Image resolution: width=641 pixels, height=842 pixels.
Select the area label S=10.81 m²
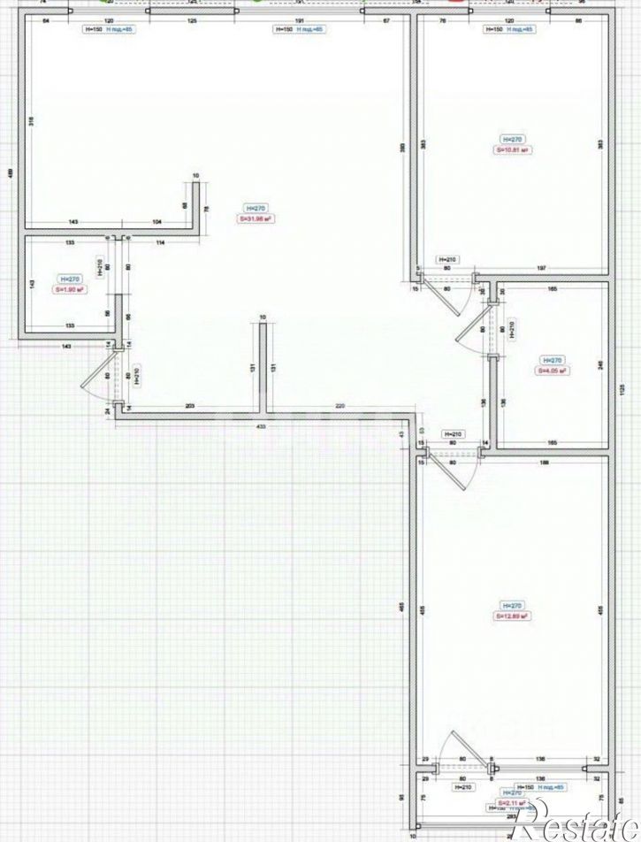tap(512, 150)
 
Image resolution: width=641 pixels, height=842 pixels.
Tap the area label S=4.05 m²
tap(551, 371)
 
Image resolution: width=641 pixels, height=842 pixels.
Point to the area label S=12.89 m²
tap(512, 616)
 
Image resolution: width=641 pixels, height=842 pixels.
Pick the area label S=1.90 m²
tap(69, 289)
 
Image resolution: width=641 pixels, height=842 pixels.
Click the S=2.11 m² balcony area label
tap(512, 802)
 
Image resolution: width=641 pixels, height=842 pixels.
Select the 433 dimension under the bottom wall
tap(262, 425)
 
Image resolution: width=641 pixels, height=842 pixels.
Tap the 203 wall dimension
tap(190, 405)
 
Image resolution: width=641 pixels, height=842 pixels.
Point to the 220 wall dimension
tap(340, 405)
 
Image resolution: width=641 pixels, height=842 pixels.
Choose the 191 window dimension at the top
tap(300, 18)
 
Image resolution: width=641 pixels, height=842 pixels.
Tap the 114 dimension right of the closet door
tap(161, 241)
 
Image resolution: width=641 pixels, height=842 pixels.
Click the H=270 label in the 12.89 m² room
tap(512, 605)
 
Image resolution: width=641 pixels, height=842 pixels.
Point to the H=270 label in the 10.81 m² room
tap(512, 139)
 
